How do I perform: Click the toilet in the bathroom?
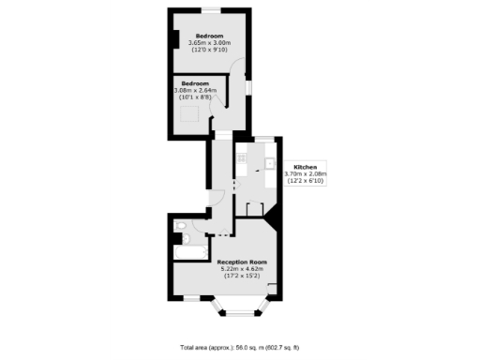tap(180, 226)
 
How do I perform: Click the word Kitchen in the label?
tap(307, 167)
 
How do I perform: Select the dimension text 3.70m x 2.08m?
tap(307, 174)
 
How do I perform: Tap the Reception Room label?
tap(242, 262)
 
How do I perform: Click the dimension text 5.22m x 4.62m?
tap(242, 269)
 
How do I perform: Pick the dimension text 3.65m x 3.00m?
tap(210, 42)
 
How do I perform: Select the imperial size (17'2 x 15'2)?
tap(242, 277)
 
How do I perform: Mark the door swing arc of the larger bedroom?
tap(238, 69)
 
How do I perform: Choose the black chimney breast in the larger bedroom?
tap(175, 40)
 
